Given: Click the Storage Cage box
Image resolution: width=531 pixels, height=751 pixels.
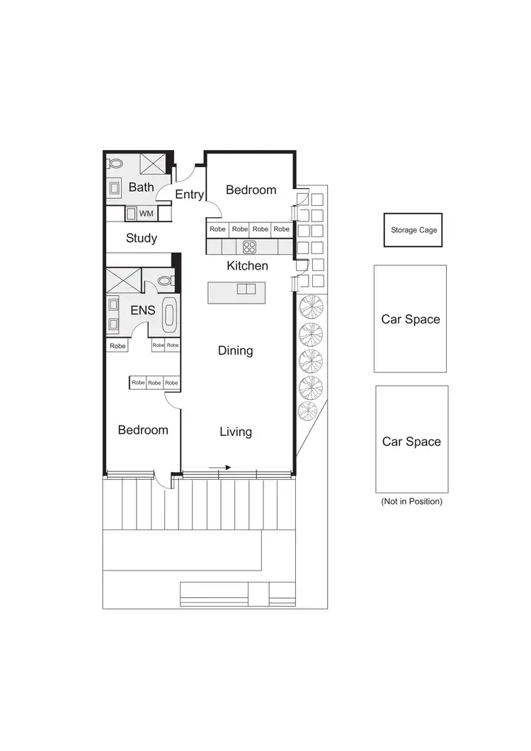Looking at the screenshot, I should [x=413, y=230].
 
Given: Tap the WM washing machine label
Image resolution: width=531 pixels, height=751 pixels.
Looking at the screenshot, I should [x=145, y=213].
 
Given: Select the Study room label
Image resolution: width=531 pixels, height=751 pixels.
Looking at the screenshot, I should [x=141, y=239].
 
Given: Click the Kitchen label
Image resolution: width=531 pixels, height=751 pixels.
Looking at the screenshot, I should [x=247, y=266].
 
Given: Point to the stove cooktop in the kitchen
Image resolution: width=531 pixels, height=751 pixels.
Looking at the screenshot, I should [x=250, y=247].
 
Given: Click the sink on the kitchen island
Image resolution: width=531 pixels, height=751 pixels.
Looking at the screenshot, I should [x=246, y=289].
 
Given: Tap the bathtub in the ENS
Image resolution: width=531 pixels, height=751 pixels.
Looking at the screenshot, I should [x=169, y=314].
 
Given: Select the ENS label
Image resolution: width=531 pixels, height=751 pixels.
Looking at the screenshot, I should [x=142, y=310].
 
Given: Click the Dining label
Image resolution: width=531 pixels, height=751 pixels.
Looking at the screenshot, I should [x=235, y=350].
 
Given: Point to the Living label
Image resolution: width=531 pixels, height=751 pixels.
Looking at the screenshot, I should [x=235, y=432].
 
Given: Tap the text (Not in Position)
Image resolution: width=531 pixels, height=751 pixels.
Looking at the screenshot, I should [x=411, y=501].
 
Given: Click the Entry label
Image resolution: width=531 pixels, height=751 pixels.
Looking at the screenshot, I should [x=189, y=194].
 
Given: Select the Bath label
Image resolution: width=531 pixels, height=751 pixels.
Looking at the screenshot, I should [x=141, y=188].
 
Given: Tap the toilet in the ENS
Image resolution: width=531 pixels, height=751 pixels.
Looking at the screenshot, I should [x=165, y=281].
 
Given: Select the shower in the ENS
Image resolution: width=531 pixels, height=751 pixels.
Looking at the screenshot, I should [x=122, y=281].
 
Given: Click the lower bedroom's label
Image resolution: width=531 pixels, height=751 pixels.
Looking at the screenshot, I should [x=143, y=430].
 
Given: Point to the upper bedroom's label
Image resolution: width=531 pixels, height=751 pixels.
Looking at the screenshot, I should [x=251, y=190].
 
